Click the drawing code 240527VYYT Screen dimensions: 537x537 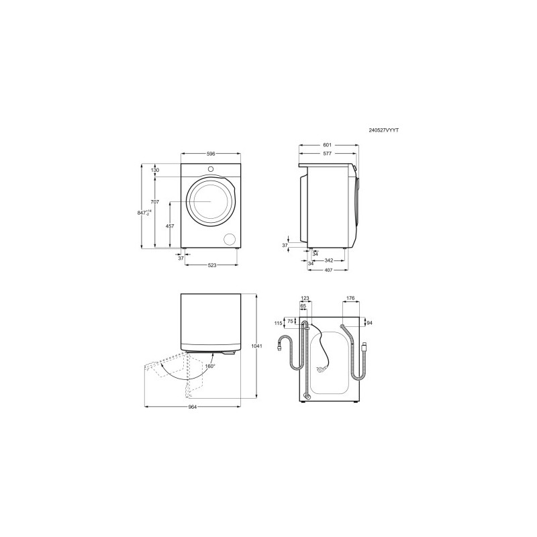pyautogui.click(x=383, y=130)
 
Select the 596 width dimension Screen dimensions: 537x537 pyautogui.click(x=211, y=154)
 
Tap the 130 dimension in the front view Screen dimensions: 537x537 pyautogui.click(x=155, y=170)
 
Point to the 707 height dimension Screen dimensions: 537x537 pyautogui.click(x=155, y=202)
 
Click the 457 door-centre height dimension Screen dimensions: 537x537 pyautogui.click(x=170, y=226)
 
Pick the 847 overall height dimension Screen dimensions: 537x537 pyautogui.click(x=144, y=213)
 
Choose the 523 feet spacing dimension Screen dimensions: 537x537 pyautogui.click(x=212, y=264)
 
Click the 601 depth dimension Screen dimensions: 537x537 pyautogui.click(x=328, y=145)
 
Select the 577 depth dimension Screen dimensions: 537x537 pyautogui.click(x=328, y=154)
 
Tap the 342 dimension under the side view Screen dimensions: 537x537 pyautogui.click(x=328, y=260)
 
